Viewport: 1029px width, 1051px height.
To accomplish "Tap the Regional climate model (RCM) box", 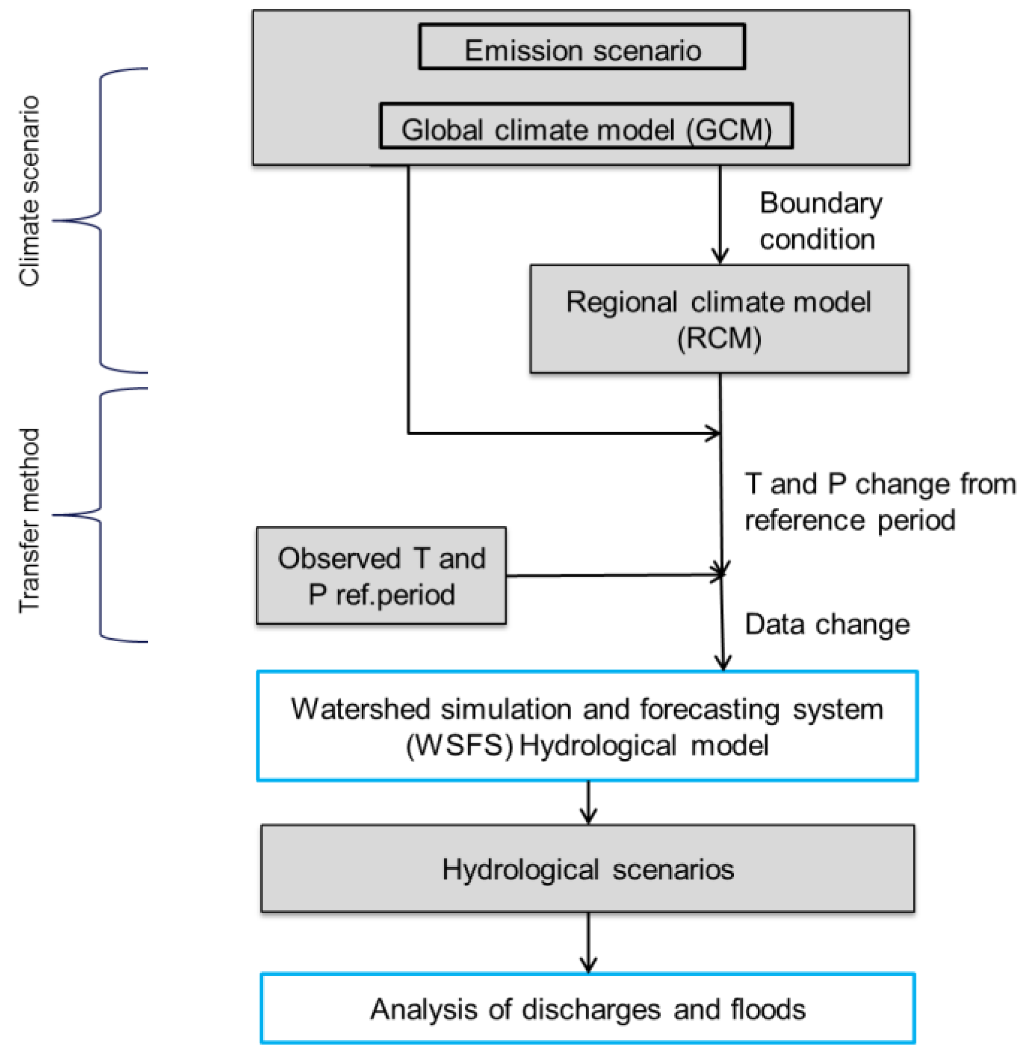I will pyautogui.click(x=719, y=319).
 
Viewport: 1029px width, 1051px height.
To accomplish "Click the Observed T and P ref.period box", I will pyautogui.click(x=381, y=576).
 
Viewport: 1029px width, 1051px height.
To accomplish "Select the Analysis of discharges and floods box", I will pyautogui.click(x=588, y=1009).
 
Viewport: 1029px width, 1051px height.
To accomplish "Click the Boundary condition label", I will pyautogui.click(x=820, y=221).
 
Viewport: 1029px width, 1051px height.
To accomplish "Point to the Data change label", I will pyautogui.click(x=827, y=624).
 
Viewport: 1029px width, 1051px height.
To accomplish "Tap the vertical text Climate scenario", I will pyautogui.click(x=29, y=190).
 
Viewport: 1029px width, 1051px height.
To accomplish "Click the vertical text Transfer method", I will pyautogui.click(x=29, y=520).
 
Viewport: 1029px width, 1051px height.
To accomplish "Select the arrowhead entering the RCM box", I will pyautogui.click(x=720, y=256).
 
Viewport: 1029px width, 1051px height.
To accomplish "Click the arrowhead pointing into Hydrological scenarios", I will pyautogui.click(x=588, y=816).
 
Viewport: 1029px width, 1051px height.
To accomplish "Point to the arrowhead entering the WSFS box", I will pyautogui.click(x=722, y=662).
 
